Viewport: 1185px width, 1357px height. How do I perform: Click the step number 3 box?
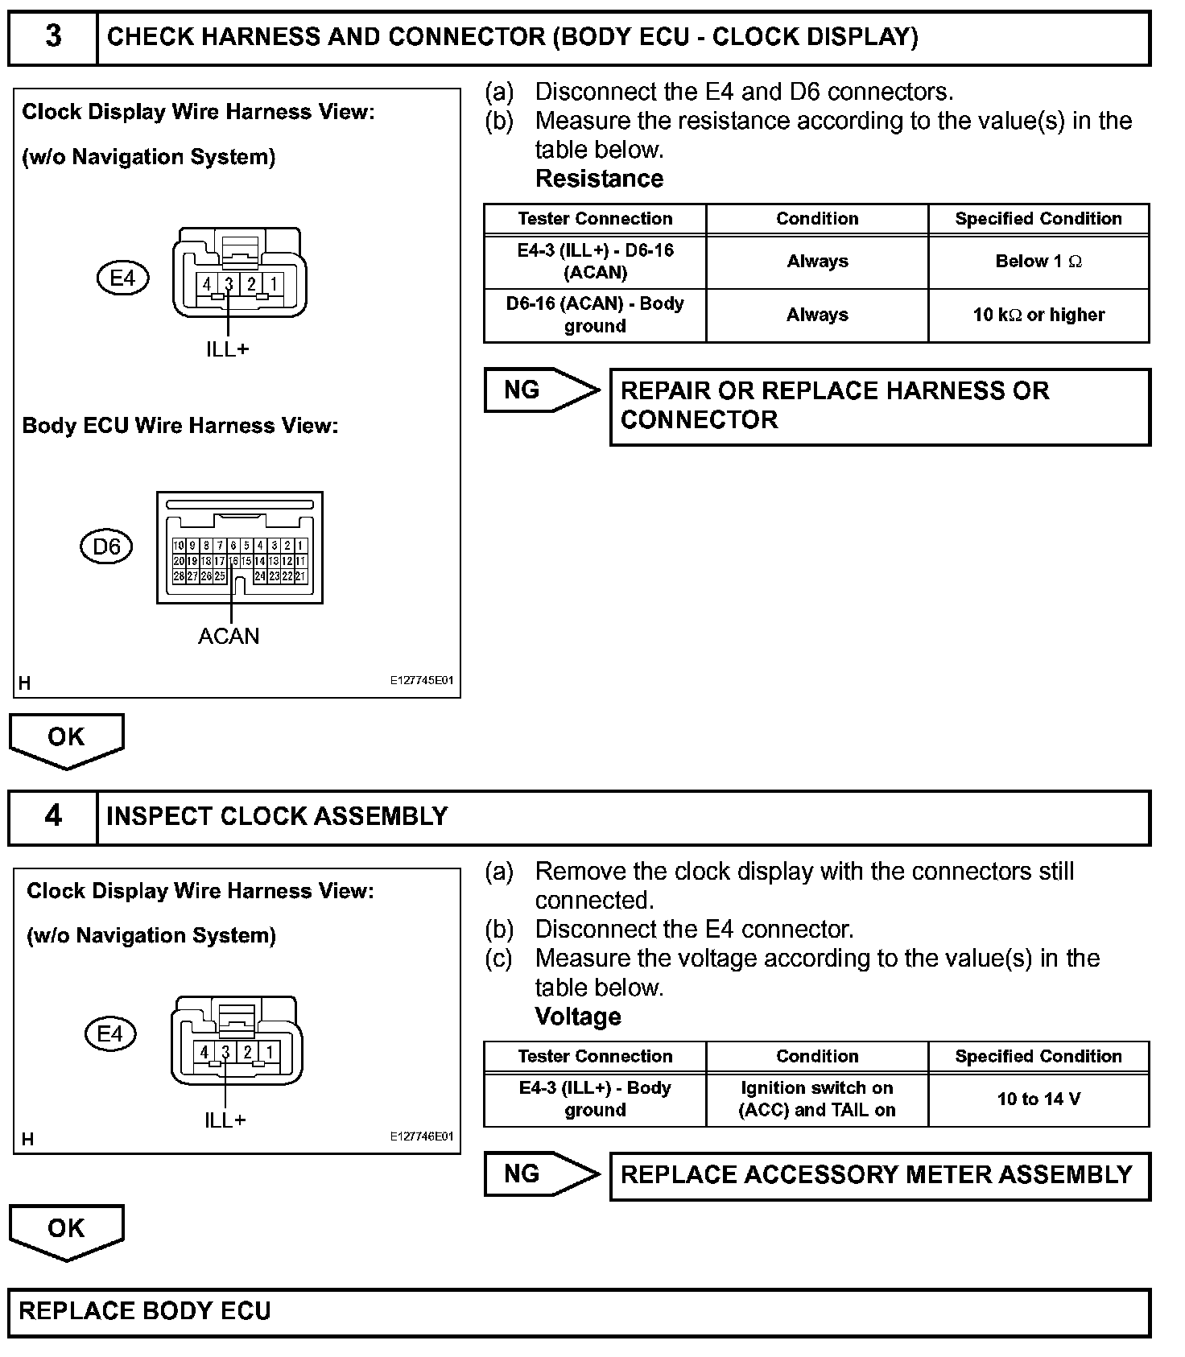coord(53,37)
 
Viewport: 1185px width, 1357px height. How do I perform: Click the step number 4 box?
coord(53,817)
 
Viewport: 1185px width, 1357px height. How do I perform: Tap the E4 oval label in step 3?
coord(122,278)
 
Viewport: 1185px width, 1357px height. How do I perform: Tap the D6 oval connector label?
coord(106,547)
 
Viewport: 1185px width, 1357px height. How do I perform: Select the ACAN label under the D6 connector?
coord(229,637)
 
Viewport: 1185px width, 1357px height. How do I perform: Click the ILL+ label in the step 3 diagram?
coord(228,349)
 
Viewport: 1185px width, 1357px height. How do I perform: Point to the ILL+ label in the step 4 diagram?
coord(225,1120)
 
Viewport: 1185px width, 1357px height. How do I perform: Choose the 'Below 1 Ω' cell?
coord(1038,262)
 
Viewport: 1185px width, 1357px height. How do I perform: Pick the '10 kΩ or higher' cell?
coord(1038,316)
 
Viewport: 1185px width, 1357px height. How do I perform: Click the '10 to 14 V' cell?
coord(1038,1099)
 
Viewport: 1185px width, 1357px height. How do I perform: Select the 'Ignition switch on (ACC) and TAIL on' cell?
coord(817,1099)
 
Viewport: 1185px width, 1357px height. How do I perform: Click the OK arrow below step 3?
coord(66,739)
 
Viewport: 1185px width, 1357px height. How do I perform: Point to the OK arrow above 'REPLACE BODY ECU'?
coord(66,1230)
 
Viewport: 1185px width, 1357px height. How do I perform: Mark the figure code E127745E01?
coord(422,681)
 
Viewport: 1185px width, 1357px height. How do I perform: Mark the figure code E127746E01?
coord(422,1136)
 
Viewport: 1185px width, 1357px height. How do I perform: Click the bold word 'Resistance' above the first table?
coord(599,179)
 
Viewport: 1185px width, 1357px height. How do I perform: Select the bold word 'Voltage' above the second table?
coord(578,1017)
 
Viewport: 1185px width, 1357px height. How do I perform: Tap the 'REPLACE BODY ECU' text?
coord(145,1311)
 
